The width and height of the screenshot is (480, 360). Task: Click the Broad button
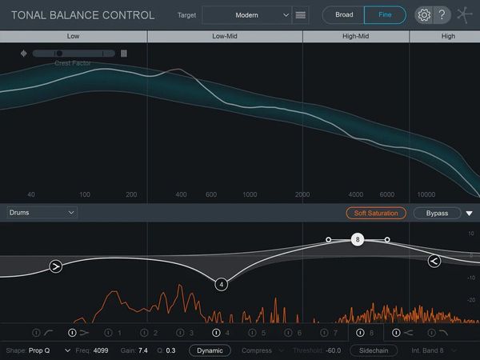click(x=343, y=14)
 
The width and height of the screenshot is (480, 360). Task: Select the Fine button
click(x=385, y=14)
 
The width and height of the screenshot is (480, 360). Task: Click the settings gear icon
click(x=424, y=15)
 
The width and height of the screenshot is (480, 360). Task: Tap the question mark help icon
click(x=441, y=15)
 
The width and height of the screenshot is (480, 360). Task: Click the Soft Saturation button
click(x=376, y=213)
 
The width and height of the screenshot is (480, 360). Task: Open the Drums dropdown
click(x=42, y=213)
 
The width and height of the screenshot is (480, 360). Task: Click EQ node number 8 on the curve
click(x=358, y=239)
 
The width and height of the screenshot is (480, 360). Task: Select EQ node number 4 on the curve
click(x=222, y=284)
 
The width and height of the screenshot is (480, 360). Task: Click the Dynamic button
click(x=210, y=350)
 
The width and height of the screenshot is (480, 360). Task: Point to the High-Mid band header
click(x=355, y=36)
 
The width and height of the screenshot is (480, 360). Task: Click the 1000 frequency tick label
click(x=250, y=194)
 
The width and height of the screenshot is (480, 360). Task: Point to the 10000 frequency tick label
click(x=426, y=194)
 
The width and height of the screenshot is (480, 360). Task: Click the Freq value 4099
click(x=101, y=350)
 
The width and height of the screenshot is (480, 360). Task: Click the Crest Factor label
click(x=73, y=63)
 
